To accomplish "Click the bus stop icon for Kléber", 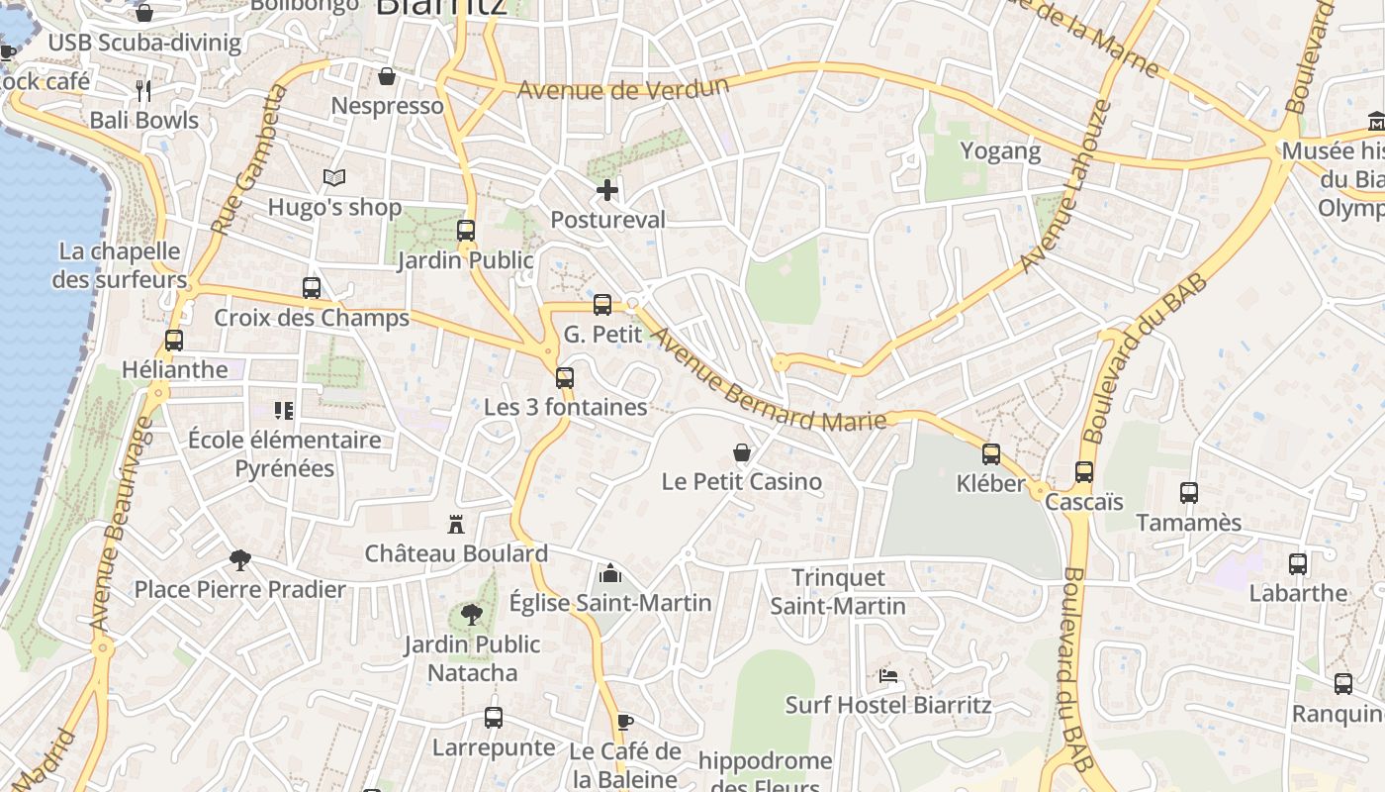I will [x=990, y=454].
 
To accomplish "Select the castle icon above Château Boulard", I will [x=456, y=524].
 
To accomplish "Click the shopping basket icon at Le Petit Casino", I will [x=741, y=452].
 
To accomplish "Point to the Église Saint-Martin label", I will [x=610, y=602].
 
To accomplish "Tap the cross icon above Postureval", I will [x=607, y=190].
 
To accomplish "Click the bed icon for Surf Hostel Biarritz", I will [x=888, y=676].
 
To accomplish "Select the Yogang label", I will [x=1001, y=151].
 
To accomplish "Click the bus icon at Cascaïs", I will [x=1084, y=472].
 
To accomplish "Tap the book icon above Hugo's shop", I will [x=334, y=178].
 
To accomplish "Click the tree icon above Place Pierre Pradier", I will [x=239, y=560].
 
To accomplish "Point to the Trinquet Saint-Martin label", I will [x=838, y=591].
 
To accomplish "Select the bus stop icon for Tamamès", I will [x=1189, y=493].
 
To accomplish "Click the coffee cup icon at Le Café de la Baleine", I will [x=624, y=722].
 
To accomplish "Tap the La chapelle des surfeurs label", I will [x=119, y=265].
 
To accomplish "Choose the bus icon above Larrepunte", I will [x=494, y=718].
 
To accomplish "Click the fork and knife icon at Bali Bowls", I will [x=143, y=91].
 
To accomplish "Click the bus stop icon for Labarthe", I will [x=1298, y=564].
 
